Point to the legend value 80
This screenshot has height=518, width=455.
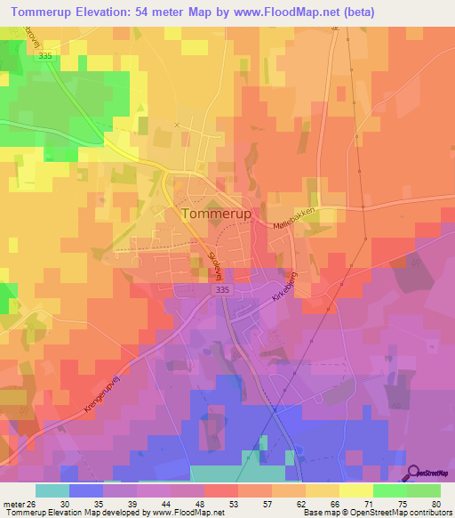pyautogui.click(x=434, y=503)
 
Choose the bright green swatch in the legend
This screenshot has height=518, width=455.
pyautogui.click(x=390, y=490)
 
